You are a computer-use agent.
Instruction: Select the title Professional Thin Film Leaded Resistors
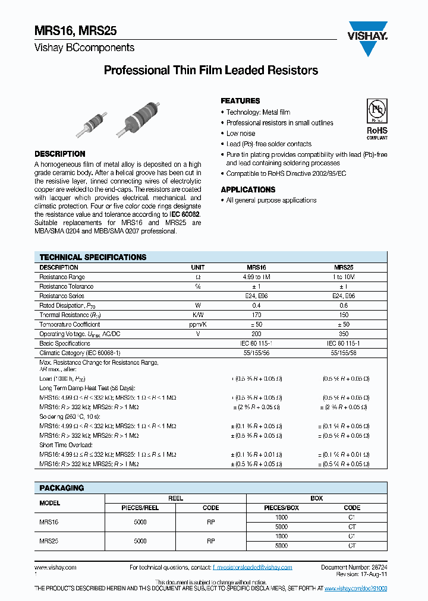pyautogui.click(x=211, y=71)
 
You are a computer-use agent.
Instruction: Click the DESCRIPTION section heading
pyautogui.click(x=60, y=154)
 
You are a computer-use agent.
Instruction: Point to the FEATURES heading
pyautogui.click(x=240, y=101)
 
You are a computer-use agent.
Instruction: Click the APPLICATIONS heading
pyautogui.click(x=248, y=189)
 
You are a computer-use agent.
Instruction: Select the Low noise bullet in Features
pyautogui.click(x=241, y=134)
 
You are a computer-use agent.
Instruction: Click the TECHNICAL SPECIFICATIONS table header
pyautogui.click(x=93, y=257)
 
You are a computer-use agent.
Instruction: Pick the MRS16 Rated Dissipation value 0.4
pyautogui.click(x=256, y=305)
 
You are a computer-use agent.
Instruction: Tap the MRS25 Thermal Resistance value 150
pyautogui.click(x=344, y=315)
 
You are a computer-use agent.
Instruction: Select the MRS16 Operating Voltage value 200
pyautogui.click(x=256, y=334)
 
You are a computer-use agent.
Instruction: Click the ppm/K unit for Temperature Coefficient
pyautogui.click(x=197, y=324)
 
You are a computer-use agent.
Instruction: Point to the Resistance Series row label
pyautogui.click(x=62, y=296)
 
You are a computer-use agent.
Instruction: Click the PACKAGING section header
pyautogui.click(x=62, y=488)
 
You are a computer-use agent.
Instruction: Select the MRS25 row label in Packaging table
pyautogui.click(x=49, y=541)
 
